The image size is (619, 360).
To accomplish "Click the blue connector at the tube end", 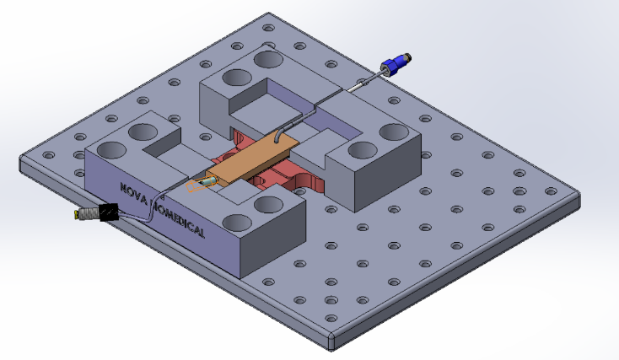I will tap(393, 65).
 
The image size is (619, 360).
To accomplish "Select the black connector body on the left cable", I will tap(106, 212).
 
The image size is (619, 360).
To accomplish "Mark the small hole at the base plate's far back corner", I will tap(268, 28).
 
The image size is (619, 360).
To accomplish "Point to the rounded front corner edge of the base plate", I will tap(331, 345).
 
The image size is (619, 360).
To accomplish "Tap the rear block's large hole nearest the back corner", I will tap(269, 59).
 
